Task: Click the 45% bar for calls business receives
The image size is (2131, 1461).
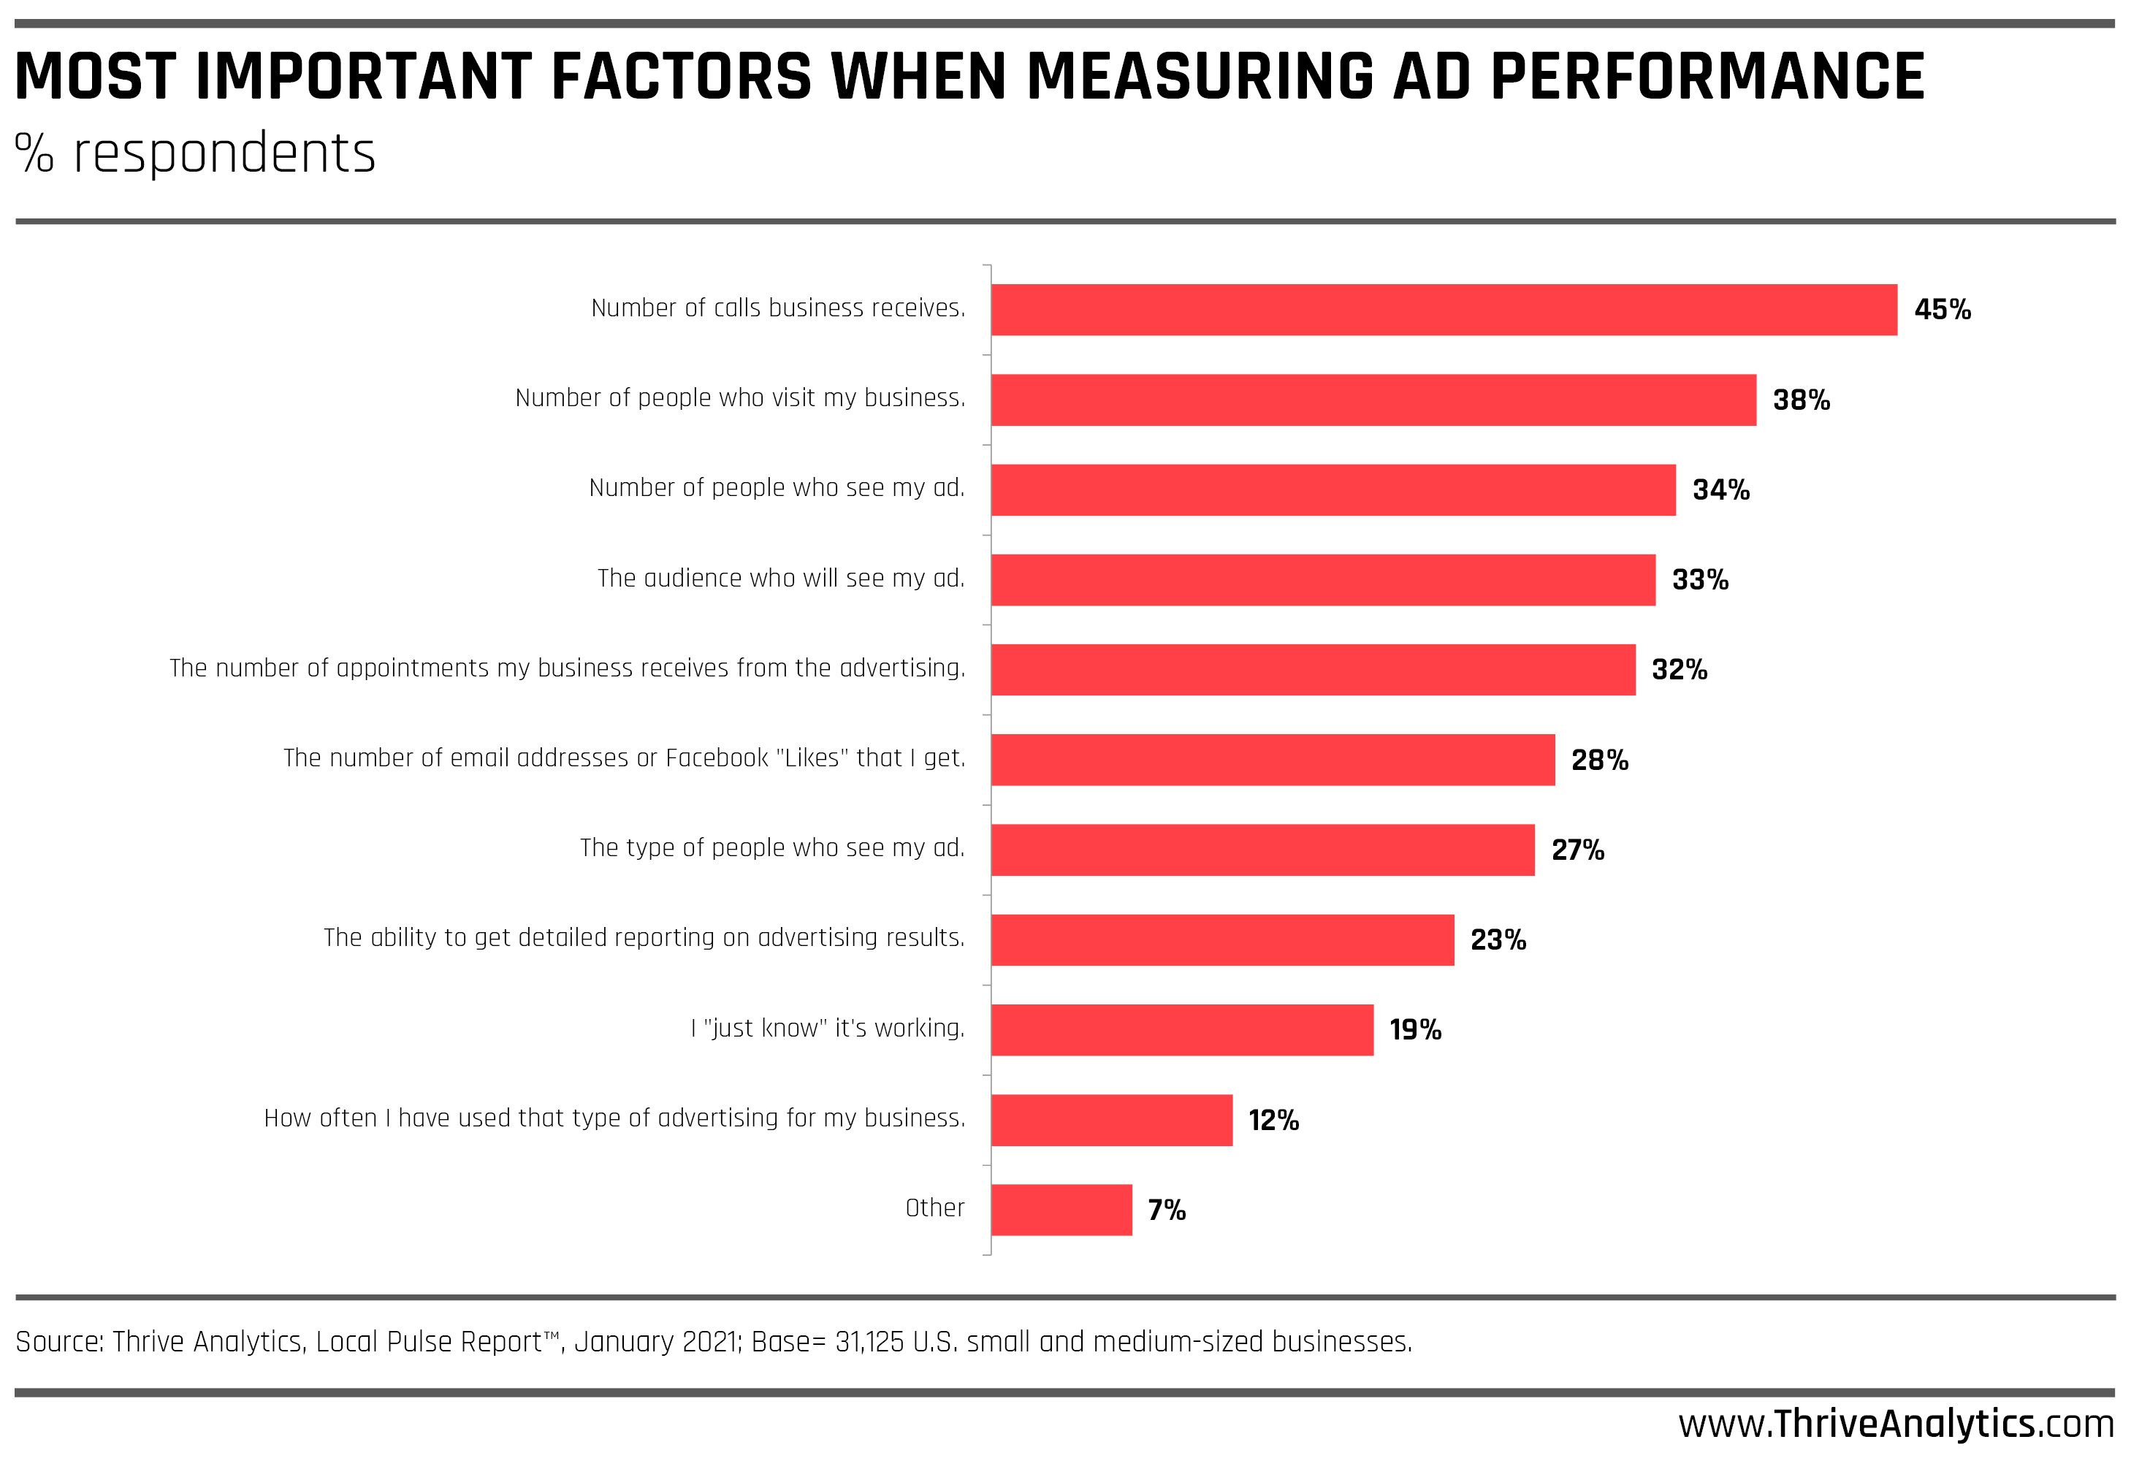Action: click(x=1444, y=310)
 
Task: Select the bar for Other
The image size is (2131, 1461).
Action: click(x=1061, y=1210)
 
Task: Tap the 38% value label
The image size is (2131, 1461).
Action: click(x=1801, y=400)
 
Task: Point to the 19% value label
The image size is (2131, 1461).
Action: click(x=1415, y=1030)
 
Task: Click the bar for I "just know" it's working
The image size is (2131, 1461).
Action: click(x=1182, y=1030)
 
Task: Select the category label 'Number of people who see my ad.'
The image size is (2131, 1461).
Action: click(x=777, y=488)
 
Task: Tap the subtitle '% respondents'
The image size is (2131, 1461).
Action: click(x=195, y=153)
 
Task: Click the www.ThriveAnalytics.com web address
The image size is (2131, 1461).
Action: click(x=1895, y=1424)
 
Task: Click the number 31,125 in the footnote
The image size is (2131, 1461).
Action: click(x=869, y=1342)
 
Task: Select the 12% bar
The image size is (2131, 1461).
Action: click(x=1111, y=1120)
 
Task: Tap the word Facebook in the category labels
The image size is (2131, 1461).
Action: click(x=716, y=758)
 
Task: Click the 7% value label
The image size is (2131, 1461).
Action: click(x=1167, y=1210)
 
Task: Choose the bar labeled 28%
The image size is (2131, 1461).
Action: click(x=1273, y=760)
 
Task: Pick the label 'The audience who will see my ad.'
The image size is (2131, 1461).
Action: click(x=781, y=579)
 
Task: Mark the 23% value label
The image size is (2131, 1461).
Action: click(x=1498, y=940)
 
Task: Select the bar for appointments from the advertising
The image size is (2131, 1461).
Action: click(x=1313, y=670)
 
